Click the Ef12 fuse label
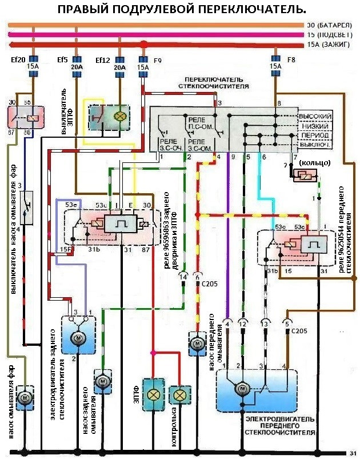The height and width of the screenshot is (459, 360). [103, 59]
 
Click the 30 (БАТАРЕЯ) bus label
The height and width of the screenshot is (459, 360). [329, 26]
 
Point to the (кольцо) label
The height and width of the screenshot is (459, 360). [313, 163]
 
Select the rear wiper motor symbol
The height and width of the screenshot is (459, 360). [77, 338]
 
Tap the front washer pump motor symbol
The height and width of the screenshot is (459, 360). [197, 345]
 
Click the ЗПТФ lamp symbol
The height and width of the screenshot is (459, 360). [153, 395]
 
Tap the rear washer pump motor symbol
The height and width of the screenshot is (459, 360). [102, 380]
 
